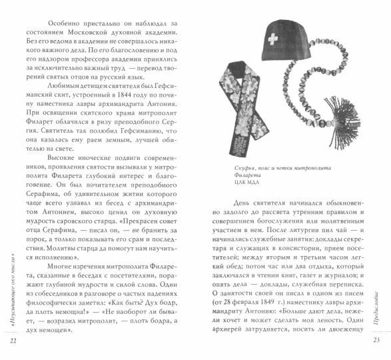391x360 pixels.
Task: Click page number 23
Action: pos(376,341)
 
